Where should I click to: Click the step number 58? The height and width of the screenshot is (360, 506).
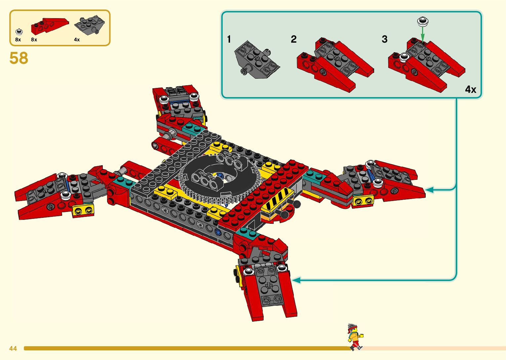point(19,58)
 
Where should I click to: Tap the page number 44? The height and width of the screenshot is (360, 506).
point(13,348)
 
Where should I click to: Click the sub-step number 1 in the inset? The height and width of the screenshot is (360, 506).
point(229,39)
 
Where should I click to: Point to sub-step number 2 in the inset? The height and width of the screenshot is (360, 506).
point(293,39)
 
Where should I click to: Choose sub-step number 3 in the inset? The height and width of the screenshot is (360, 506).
point(384,39)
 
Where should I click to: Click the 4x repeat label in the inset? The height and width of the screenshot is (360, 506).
point(470,89)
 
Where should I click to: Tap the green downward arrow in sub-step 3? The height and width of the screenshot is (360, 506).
point(422,35)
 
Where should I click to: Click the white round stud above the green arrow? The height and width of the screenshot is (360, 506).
point(422,21)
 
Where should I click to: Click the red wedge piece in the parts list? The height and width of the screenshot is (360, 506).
point(50,26)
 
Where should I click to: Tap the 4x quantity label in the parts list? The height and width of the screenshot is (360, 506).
point(77,40)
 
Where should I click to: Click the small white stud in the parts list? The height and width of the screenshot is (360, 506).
point(19,32)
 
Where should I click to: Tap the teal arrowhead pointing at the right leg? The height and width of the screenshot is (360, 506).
point(429,190)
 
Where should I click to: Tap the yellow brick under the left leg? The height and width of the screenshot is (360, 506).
point(83,210)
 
